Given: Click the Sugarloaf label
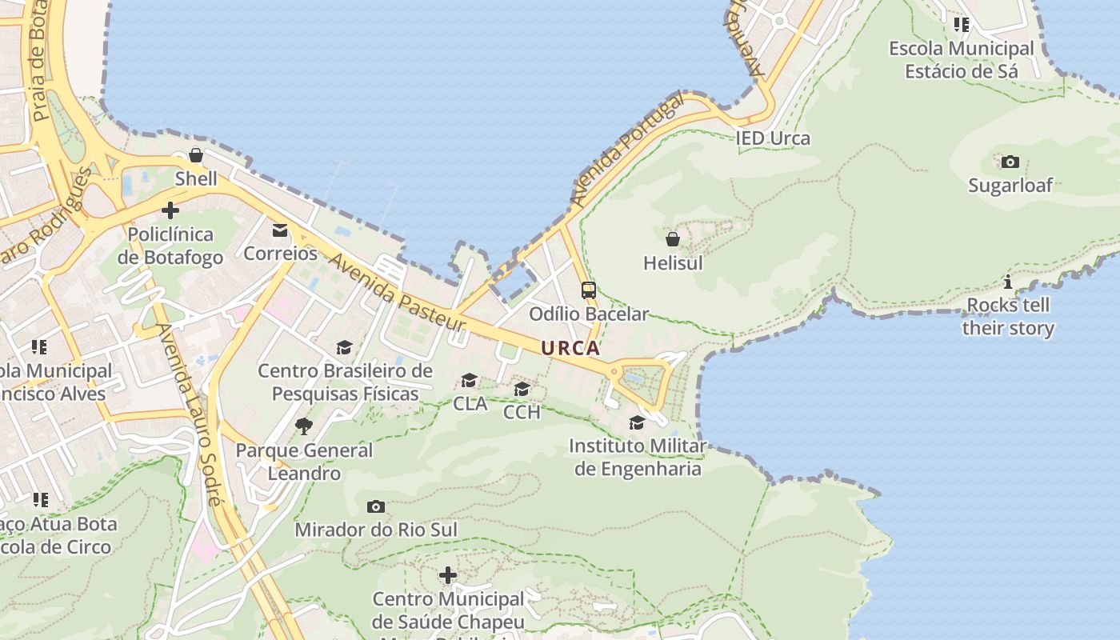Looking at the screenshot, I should tap(1010, 186).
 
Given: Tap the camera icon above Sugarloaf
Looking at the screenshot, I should tap(1010, 162).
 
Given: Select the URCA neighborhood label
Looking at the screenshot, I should tap(570, 348).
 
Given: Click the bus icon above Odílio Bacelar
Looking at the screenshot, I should tap(589, 290).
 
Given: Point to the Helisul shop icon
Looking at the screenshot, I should tap(673, 238).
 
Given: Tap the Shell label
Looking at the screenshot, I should tap(196, 178).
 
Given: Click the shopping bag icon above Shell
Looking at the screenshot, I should tap(196, 155).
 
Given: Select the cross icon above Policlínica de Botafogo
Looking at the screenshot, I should tap(170, 210).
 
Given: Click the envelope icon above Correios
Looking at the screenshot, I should tap(280, 230).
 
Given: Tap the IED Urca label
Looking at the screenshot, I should tap(773, 138).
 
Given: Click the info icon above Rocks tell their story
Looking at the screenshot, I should tap(1008, 282).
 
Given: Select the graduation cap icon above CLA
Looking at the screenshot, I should tap(470, 380).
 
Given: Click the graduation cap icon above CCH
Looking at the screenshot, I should tap(522, 390).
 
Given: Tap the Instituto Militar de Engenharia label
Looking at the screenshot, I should tap(638, 457).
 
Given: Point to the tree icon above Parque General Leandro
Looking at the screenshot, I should tap(304, 426).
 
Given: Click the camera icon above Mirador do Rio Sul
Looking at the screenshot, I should tap(375, 506).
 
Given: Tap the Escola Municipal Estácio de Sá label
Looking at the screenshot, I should tap(961, 59).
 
